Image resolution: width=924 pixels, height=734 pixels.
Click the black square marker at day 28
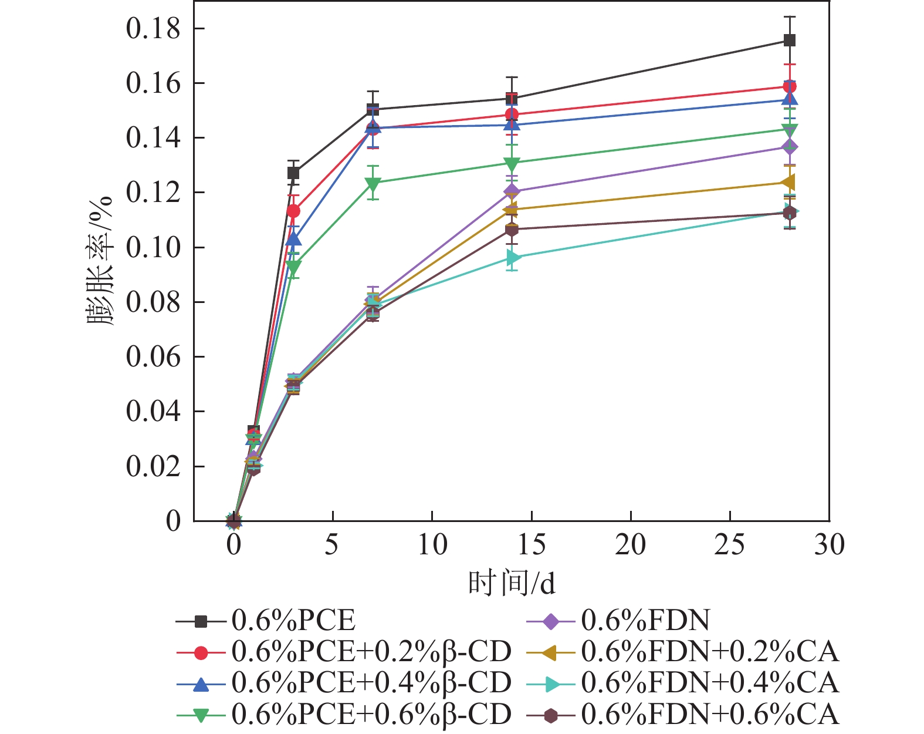pyautogui.click(x=790, y=41)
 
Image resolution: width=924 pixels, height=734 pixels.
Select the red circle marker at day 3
pyautogui.click(x=293, y=211)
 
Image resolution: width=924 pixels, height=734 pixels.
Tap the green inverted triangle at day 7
pyautogui.click(x=373, y=184)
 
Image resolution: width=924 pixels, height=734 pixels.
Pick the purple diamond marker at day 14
pyautogui.click(x=512, y=191)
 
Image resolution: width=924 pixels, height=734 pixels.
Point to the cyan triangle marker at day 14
pyautogui.click(x=513, y=258)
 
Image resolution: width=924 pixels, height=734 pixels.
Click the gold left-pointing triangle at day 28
pyautogui.click(x=789, y=183)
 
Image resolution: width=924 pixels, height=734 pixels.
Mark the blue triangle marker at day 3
pyautogui.click(x=293, y=240)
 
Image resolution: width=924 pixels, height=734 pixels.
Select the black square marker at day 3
pyautogui.click(x=293, y=173)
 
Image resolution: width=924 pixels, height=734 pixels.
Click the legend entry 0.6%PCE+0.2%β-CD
pyautogui.click(x=371, y=651)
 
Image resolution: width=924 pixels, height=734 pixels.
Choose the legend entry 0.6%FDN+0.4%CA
pyautogui.click(x=710, y=683)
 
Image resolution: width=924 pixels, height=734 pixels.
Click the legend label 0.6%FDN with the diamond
pyautogui.click(x=645, y=620)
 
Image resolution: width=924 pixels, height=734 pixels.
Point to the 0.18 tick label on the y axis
pyautogui.click(x=153, y=29)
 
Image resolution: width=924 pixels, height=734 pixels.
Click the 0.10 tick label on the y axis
pyautogui.click(x=153, y=247)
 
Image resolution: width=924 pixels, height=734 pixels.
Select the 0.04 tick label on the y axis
pyautogui.click(x=153, y=411)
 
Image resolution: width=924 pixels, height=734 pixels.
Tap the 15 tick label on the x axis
pyautogui.click(x=532, y=545)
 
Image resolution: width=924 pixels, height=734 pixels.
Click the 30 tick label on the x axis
pyautogui.click(x=829, y=545)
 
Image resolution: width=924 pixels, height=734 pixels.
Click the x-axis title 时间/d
pyautogui.click(x=512, y=584)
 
